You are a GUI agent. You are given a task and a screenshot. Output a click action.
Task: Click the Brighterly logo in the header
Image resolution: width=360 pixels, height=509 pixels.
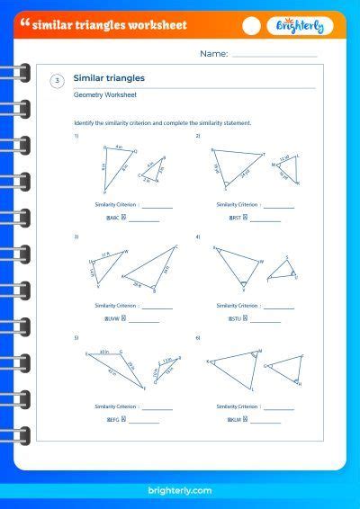[x=300, y=26]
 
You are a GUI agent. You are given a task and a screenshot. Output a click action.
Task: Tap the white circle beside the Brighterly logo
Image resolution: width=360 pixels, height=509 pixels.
[x=252, y=26]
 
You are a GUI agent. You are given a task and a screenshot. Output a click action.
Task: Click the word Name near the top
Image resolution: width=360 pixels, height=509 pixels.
[x=213, y=54]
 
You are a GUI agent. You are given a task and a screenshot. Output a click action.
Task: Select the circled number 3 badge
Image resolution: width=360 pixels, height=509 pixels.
[x=58, y=82]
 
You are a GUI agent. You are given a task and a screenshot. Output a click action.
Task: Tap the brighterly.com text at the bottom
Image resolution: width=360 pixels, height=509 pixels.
[x=179, y=490]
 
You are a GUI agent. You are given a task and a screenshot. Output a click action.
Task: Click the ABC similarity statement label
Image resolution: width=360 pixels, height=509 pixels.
[x=114, y=218]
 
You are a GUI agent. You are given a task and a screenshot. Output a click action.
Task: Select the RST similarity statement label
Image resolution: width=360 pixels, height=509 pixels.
[x=236, y=218]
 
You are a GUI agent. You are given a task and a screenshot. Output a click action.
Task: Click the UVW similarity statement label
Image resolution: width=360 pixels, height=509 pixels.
[x=114, y=318]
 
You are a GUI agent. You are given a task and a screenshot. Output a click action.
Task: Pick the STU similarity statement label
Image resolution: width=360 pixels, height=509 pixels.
[x=236, y=318]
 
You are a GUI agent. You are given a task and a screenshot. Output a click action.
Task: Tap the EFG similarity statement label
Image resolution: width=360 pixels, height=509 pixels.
[x=114, y=419]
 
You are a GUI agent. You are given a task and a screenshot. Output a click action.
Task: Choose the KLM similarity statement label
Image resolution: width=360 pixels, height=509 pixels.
[x=236, y=419]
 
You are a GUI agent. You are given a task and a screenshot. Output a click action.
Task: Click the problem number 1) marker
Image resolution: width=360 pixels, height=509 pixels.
[x=76, y=135]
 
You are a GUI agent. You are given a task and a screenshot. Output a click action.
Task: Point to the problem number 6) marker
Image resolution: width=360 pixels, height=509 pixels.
[x=198, y=337]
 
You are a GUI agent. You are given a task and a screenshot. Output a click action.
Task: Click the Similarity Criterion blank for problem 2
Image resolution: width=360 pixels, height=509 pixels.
[x=279, y=206]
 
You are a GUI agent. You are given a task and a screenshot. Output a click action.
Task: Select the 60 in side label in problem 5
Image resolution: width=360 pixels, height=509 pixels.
[x=104, y=351]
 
